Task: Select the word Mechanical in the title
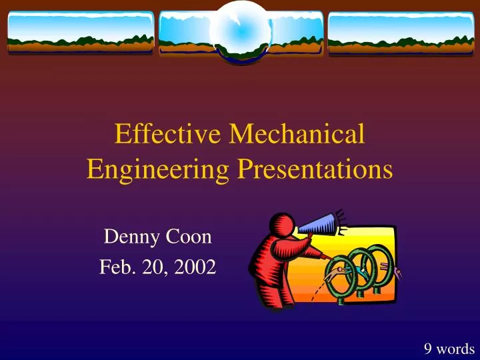[297, 134]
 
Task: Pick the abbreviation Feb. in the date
[114, 267]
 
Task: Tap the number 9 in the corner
[428, 347]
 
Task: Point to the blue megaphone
[319, 225]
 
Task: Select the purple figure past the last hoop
[398, 272]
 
